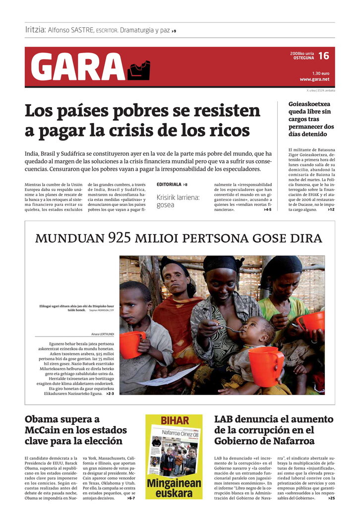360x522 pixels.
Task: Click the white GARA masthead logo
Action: (78, 66)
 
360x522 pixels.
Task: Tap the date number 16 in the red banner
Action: (323, 56)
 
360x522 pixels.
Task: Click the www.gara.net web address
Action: (314, 79)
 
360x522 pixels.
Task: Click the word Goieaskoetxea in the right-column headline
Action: (309, 104)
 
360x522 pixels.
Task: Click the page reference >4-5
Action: (267, 210)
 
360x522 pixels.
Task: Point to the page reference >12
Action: (331, 210)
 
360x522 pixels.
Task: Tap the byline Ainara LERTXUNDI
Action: (103, 334)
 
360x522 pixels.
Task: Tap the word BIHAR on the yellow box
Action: (175, 421)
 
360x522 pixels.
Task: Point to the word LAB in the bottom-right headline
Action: (225, 419)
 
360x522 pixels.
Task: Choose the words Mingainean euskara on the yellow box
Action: (174, 488)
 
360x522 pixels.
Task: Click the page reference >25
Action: (331, 498)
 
